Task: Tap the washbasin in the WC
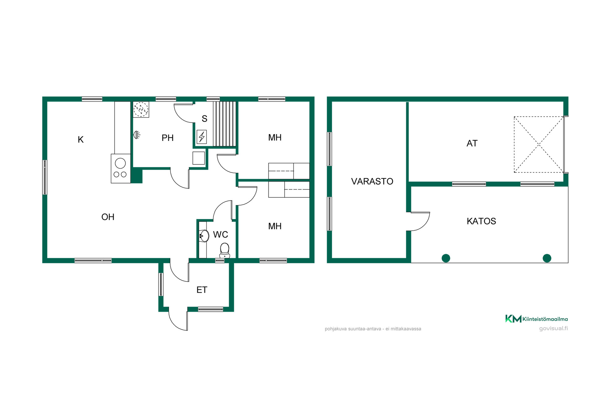pyautogui.click(x=204, y=236)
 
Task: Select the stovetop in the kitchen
pyautogui.click(x=121, y=169)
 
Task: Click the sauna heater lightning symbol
pyautogui.click(x=202, y=137)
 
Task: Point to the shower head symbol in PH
pyautogui.click(x=137, y=135)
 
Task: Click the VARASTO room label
pyautogui.click(x=372, y=181)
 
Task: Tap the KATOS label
pyautogui.click(x=481, y=221)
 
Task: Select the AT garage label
pyautogui.click(x=472, y=143)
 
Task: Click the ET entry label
pyautogui.click(x=202, y=290)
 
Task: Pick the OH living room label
pyautogui.click(x=108, y=217)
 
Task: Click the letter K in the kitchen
pyautogui.click(x=81, y=140)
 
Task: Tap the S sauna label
pyautogui.click(x=204, y=119)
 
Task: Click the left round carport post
pyautogui.click(x=446, y=258)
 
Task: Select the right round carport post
pyautogui.click(x=547, y=258)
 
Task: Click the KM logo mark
pyautogui.click(x=513, y=319)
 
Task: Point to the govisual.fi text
pyautogui.click(x=553, y=328)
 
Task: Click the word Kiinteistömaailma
pyautogui.click(x=545, y=319)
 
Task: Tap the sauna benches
pyautogui.click(x=224, y=124)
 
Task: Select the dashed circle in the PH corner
pyautogui.click(x=141, y=109)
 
